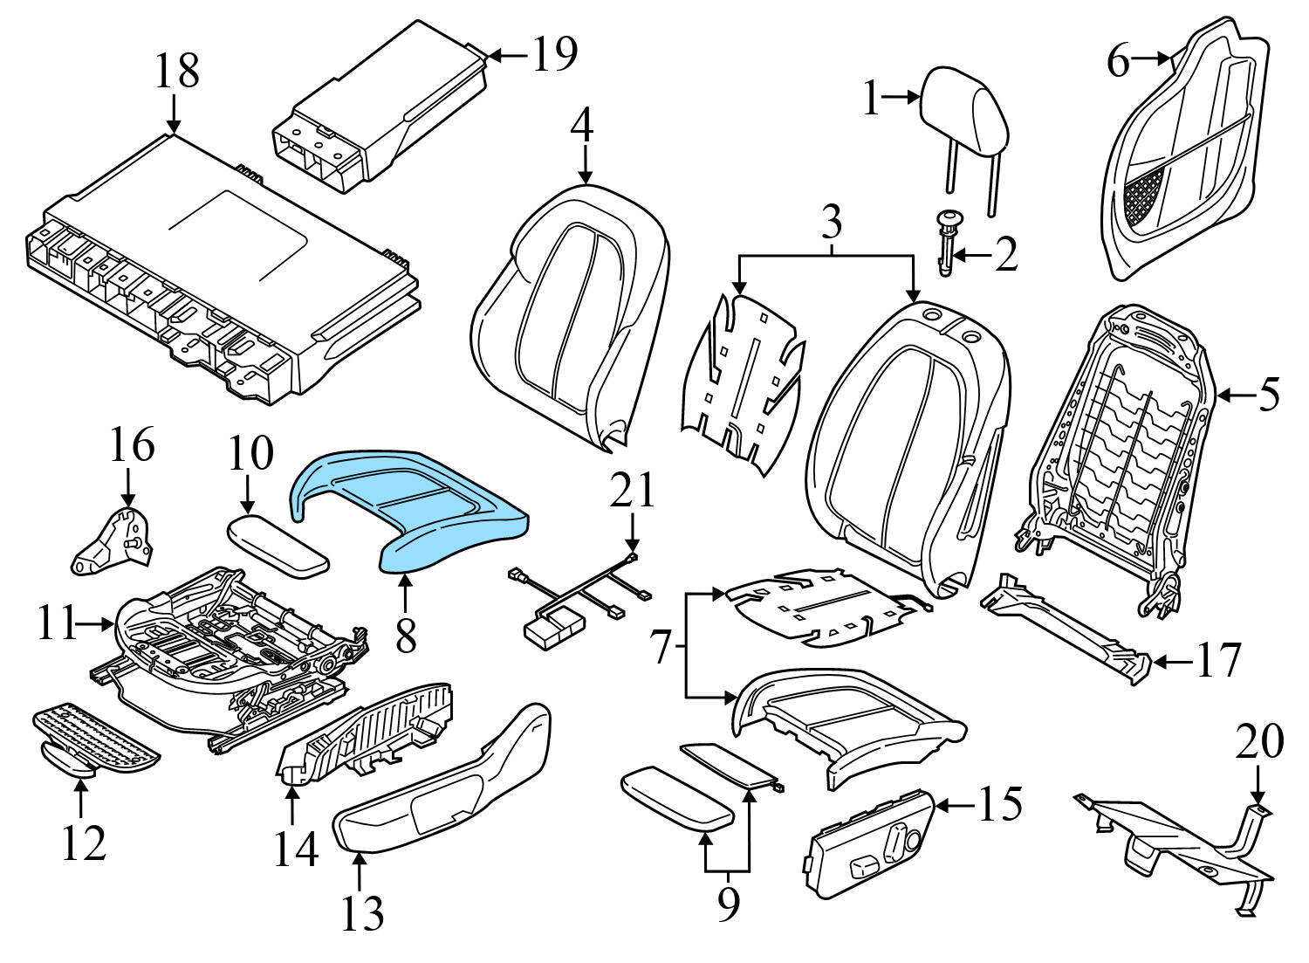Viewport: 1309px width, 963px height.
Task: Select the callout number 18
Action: (177, 71)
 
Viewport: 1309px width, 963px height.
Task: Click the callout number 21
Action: (632, 492)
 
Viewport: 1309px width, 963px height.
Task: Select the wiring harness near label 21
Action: (576, 602)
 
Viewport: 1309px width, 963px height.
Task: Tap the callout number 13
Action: (361, 912)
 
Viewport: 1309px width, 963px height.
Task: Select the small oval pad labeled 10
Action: (278, 543)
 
